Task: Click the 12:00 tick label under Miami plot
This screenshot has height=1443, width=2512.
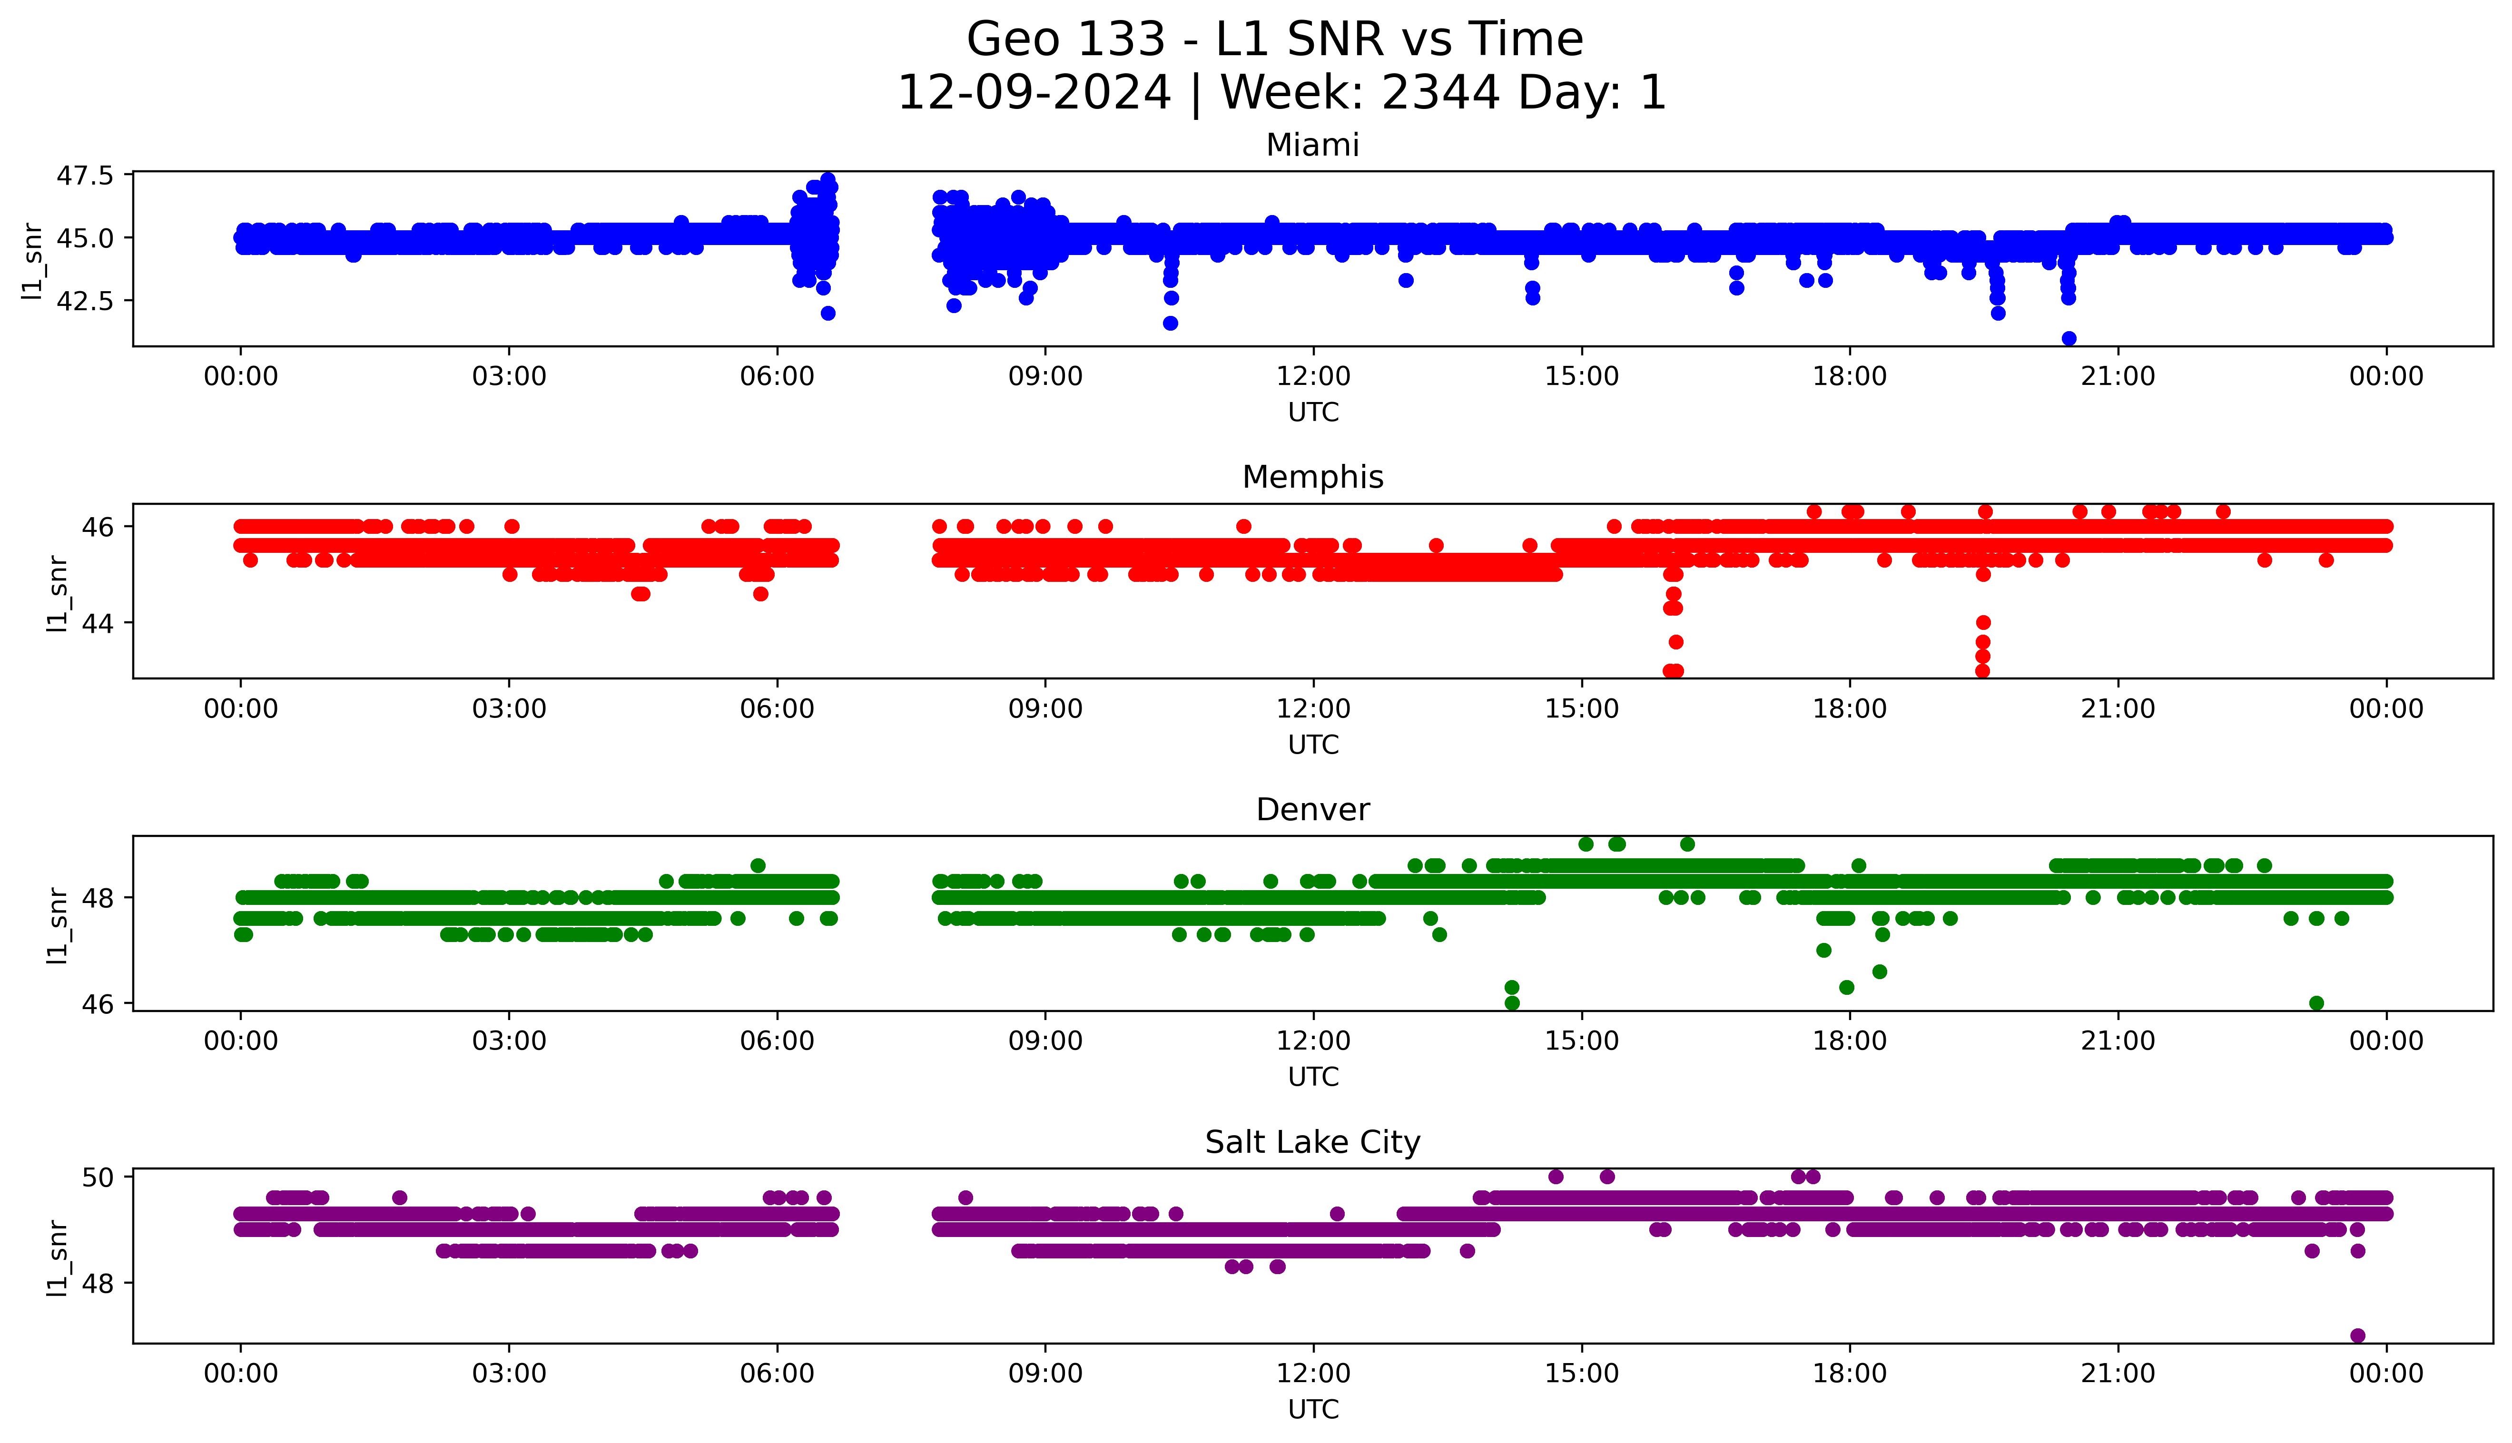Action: [x=1313, y=377]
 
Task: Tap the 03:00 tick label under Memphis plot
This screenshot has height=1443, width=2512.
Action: [x=509, y=708]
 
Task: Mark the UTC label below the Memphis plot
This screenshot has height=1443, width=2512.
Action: [x=1313, y=744]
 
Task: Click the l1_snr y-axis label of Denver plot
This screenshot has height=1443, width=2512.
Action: [x=58, y=925]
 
